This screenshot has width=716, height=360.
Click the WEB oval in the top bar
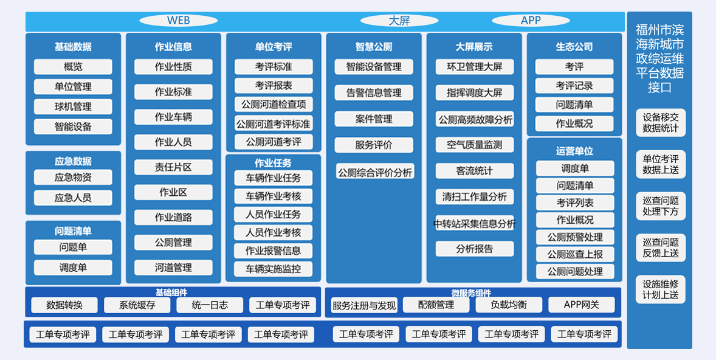[x=178, y=21]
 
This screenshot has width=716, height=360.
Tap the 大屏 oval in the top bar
[x=399, y=21]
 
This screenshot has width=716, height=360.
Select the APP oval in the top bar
[x=531, y=21]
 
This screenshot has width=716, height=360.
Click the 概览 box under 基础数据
[x=73, y=67]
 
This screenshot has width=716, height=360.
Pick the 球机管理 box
[x=73, y=107]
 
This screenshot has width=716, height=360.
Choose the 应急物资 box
[x=73, y=177]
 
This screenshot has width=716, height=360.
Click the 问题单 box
[x=73, y=247]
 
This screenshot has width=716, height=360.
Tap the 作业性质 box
[x=173, y=67]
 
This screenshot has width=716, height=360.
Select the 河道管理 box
[x=173, y=267]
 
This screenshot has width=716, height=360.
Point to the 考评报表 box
[x=274, y=85]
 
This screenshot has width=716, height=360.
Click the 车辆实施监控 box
[x=274, y=269]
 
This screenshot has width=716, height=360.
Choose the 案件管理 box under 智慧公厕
[x=374, y=119]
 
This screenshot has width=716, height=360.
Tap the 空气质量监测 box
[x=475, y=145]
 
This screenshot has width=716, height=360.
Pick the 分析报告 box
[x=475, y=249]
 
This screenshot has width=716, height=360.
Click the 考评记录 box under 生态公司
[x=574, y=85]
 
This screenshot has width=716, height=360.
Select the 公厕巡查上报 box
[x=575, y=254]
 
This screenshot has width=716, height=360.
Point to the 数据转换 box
[x=64, y=305]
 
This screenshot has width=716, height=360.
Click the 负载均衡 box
[x=509, y=305]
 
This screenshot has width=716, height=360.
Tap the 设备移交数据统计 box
[x=661, y=122]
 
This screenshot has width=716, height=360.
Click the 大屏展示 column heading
[x=474, y=47]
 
